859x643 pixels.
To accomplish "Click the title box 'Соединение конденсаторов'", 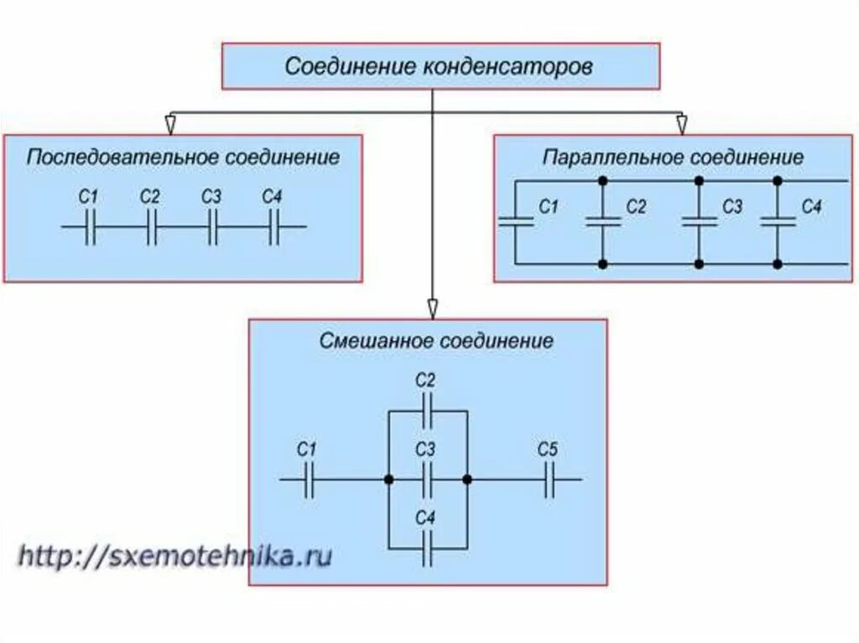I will tap(440, 67).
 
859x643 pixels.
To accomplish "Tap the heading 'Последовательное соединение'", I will tap(183, 158).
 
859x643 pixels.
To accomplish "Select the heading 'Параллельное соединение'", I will tap(673, 158).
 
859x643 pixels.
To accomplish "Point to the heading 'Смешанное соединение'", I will tap(436, 341).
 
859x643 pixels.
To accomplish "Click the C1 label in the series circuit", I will tap(88, 198).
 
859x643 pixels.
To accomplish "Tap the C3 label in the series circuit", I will tap(211, 198).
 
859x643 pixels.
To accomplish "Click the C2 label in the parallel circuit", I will tap(636, 206).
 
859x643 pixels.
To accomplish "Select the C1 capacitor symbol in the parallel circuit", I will tap(516, 221).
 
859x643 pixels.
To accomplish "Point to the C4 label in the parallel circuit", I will tap(811, 206).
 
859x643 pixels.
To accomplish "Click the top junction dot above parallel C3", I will tap(698, 180).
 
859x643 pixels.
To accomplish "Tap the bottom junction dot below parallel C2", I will tap(602, 264).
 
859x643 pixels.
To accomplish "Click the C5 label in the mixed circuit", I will tap(547, 450).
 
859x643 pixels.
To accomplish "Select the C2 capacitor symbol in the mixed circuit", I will tap(427, 412).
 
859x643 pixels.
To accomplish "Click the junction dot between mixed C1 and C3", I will tap(388, 480).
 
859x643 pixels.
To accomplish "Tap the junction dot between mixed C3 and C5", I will tap(467, 480).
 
